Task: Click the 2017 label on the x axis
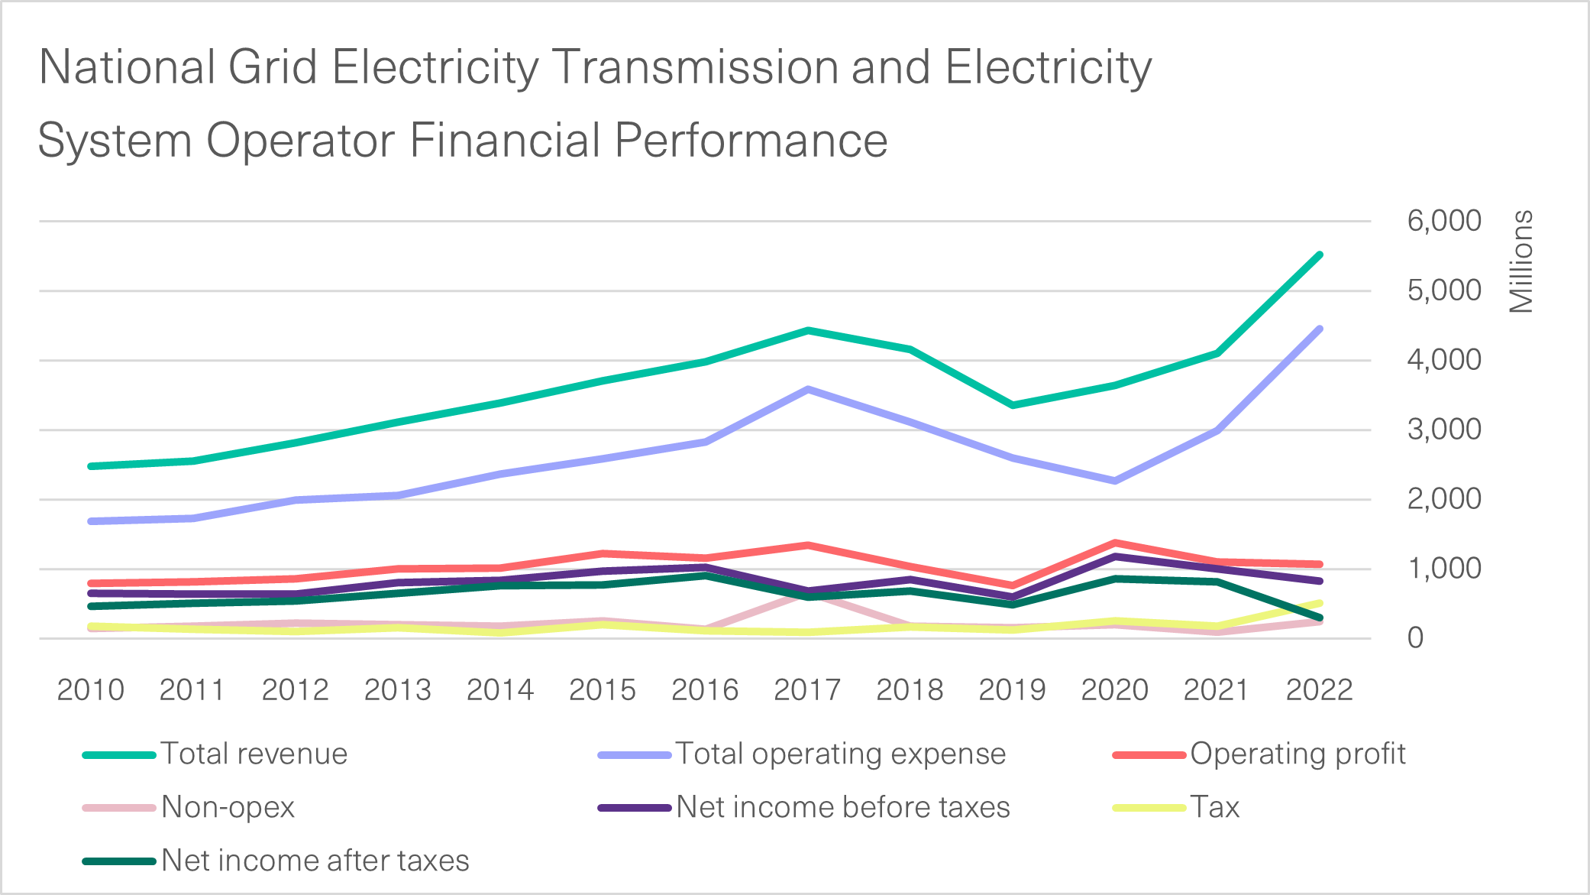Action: pos(806,689)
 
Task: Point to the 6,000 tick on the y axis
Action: pos(1443,221)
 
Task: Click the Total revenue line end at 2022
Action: pos(1319,255)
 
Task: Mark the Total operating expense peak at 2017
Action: pos(807,390)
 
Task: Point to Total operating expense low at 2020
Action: pos(1114,481)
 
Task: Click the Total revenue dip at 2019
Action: pos(1012,405)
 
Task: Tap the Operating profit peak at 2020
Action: pos(1115,543)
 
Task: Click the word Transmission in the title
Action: pos(694,67)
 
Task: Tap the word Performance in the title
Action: pos(750,141)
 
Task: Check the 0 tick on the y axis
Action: pos(1415,638)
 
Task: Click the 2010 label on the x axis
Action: pos(90,689)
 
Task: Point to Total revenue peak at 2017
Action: pos(807,331)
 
